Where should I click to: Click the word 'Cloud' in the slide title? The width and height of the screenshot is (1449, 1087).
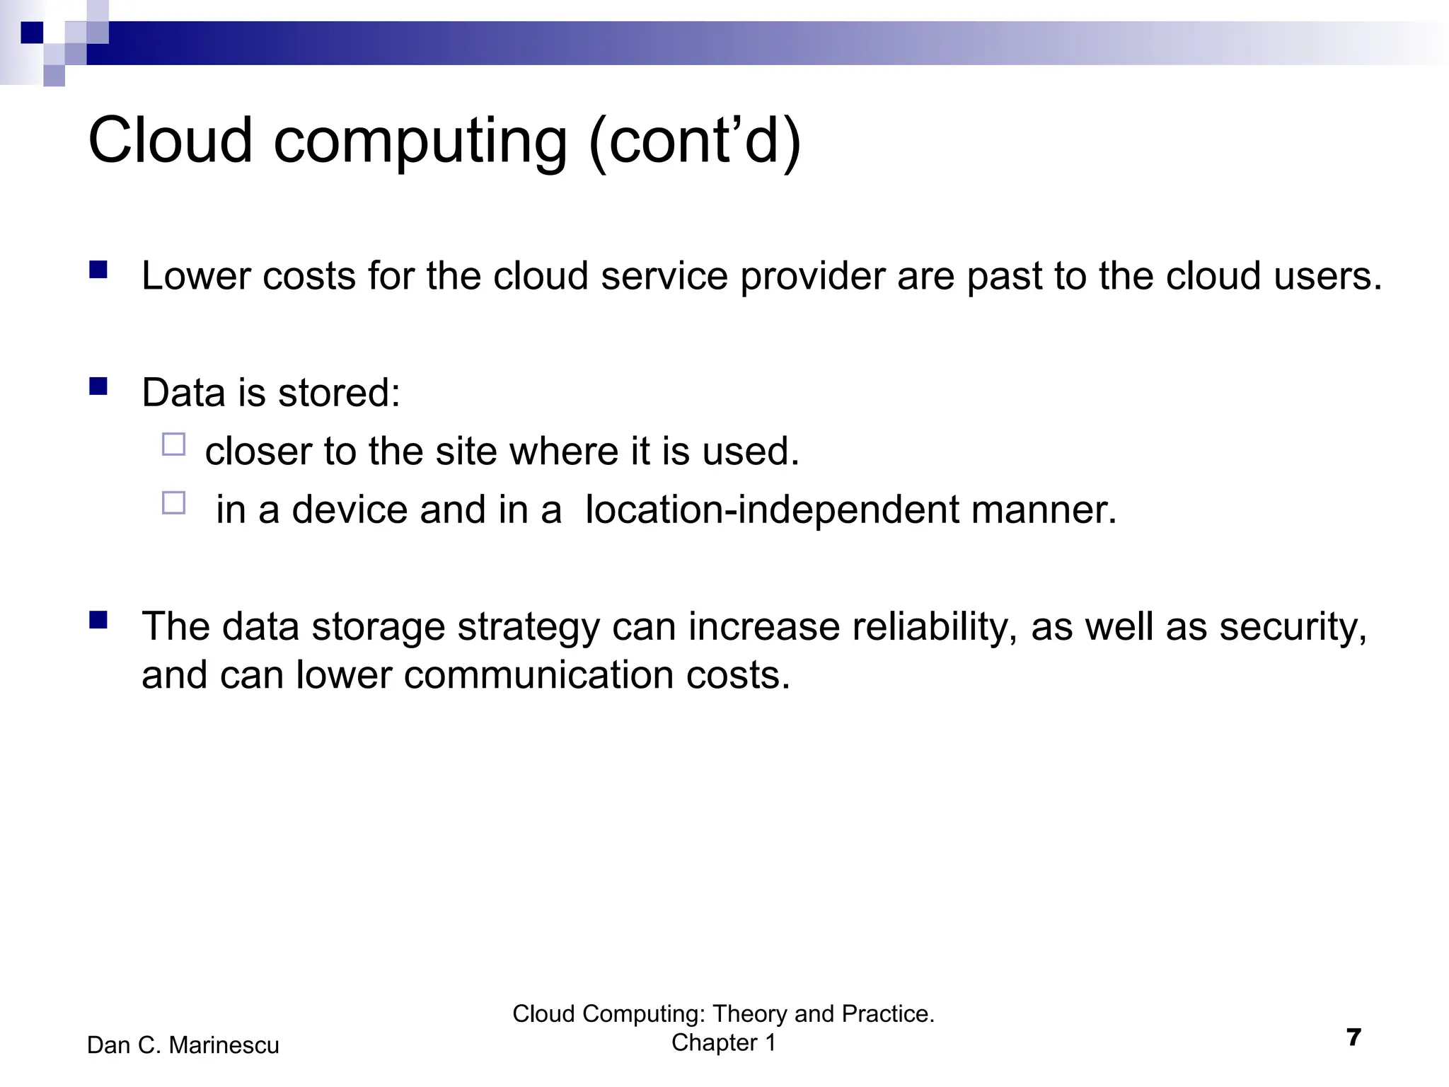171,140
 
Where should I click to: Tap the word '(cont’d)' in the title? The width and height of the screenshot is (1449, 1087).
695,142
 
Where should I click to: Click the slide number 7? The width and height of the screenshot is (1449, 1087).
1353,1037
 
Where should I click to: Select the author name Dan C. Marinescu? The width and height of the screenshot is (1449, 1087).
183,1045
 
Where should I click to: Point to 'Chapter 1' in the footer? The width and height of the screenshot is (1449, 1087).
723,1042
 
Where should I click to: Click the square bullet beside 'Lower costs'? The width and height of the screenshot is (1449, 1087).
98,270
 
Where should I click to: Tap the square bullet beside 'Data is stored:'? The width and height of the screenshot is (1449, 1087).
98,386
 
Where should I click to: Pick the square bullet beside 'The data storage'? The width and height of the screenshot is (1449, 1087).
98,621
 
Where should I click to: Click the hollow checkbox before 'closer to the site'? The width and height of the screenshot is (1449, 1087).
173,444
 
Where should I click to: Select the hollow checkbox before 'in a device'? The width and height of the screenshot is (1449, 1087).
173,502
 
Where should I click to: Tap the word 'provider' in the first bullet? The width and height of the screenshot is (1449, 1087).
812,277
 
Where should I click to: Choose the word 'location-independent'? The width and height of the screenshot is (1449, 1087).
773,510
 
